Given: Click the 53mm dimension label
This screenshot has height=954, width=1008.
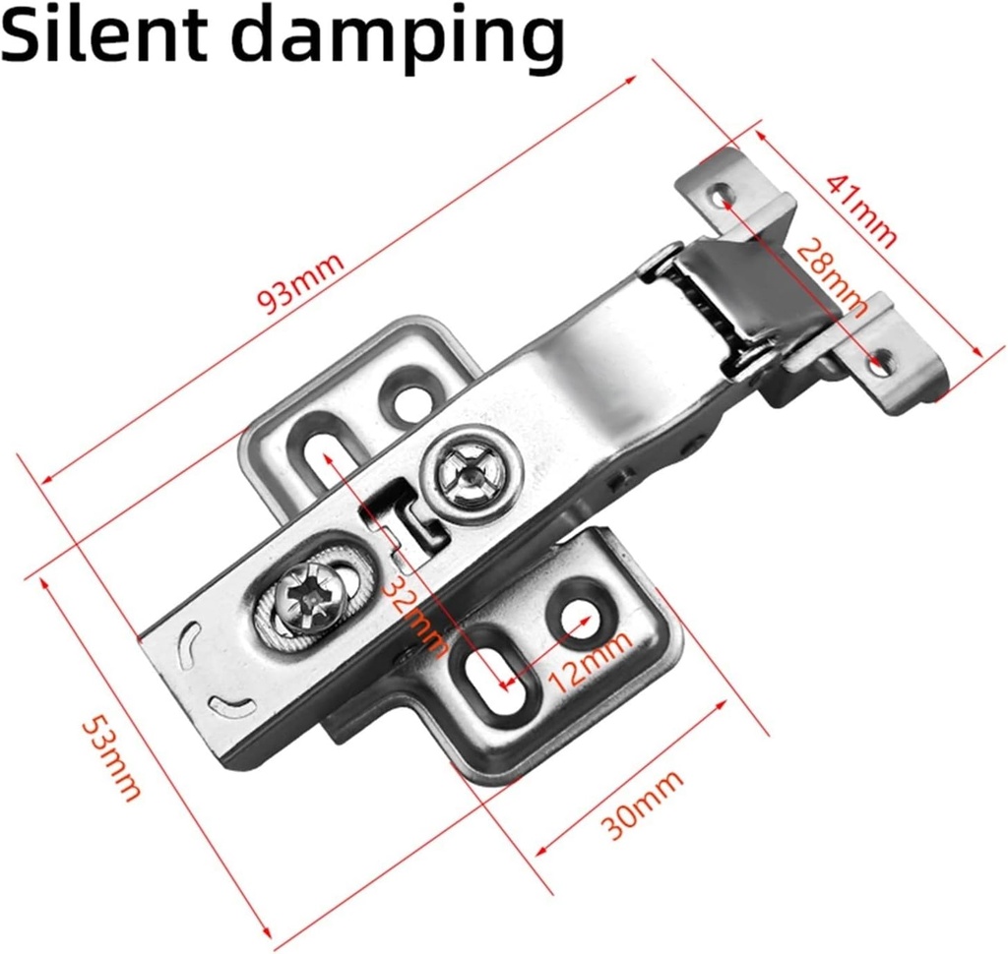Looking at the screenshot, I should coord(110,757).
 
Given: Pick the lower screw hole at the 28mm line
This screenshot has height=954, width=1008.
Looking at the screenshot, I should coord(881,362).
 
